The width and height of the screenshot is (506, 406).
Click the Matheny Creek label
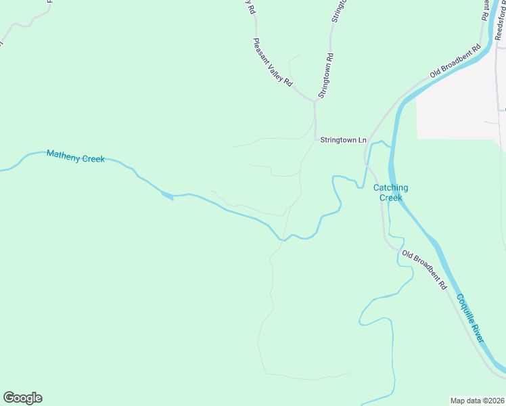(75, 157)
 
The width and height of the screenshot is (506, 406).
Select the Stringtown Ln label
(343, 140)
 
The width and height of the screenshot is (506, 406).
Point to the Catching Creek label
(391, 193)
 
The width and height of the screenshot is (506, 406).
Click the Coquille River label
(469, 317)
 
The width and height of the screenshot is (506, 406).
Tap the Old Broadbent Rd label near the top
(456, 61)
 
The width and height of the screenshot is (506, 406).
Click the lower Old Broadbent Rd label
(424, 270)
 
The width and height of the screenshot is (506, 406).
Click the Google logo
(22, 398)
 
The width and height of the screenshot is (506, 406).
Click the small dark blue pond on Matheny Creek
(166, 196)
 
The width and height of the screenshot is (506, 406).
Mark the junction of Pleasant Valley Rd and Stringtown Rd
(315, 102)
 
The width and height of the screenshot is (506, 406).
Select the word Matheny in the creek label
(63, 156)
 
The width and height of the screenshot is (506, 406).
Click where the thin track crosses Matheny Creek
(283, 239)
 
